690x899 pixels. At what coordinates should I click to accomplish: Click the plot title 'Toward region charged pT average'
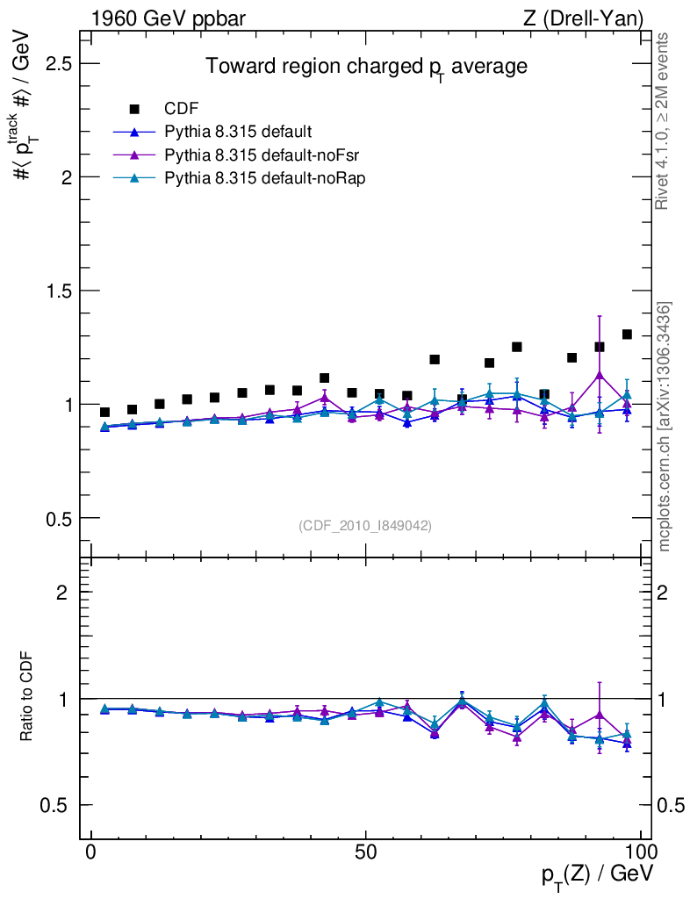[366, 68]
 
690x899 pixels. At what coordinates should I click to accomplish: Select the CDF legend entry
[182, 109]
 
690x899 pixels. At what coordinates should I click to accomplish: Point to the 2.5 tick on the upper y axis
[59, 64]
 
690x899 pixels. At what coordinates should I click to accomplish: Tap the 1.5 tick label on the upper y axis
[59, 291]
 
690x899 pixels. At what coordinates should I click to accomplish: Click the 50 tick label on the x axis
[366, 852]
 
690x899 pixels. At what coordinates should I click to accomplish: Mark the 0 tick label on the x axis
[91, 852]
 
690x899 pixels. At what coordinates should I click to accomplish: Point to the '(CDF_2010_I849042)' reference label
[365, 525]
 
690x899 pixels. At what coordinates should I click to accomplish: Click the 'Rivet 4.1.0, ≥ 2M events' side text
[663, 121]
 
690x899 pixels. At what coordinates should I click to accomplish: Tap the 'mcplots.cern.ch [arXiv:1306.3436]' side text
[665, 427]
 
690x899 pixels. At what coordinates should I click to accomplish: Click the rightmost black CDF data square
[627, 334]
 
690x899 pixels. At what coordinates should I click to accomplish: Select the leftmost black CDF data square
[105, 413]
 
